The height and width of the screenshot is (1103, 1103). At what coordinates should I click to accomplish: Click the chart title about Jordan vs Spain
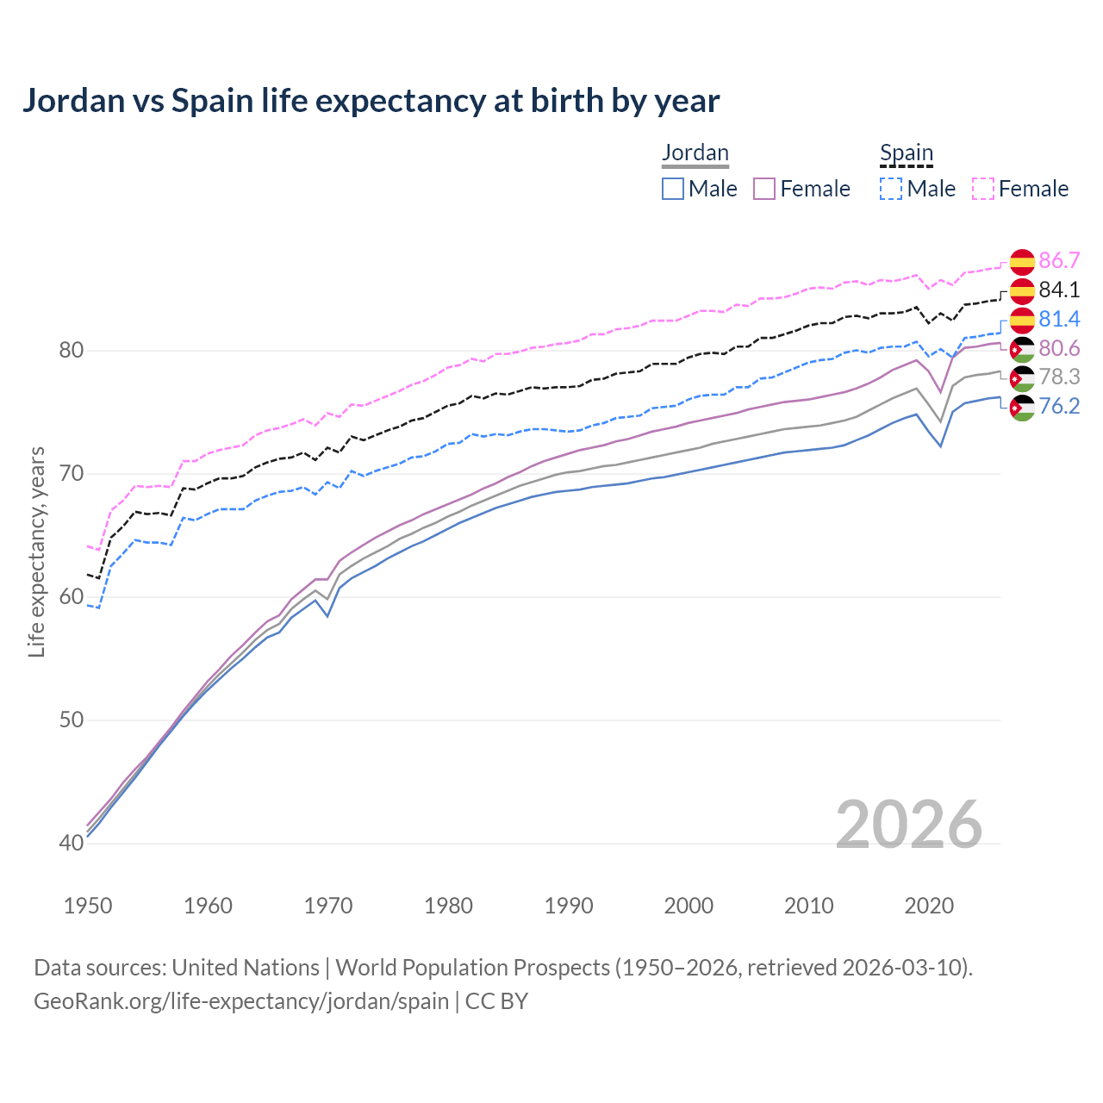pos(371,101)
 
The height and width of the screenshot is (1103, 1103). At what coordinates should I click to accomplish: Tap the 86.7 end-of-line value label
pos(1059,260)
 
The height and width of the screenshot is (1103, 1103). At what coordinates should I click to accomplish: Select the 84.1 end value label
pos(1059,290)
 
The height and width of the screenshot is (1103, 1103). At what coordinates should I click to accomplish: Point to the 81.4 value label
pos(1059,319)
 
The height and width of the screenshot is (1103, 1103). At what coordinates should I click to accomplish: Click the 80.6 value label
pos(1059,348)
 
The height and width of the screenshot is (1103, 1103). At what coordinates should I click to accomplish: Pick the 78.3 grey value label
pos(1059,377)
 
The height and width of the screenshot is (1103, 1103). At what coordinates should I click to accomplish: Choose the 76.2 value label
pos(1059,406)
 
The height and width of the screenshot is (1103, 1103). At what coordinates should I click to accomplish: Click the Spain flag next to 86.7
pos(1022,261)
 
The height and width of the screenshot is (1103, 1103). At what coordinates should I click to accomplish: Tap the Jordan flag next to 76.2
pos(1022,407)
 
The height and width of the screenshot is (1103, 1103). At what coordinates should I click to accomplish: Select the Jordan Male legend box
pos(673,189)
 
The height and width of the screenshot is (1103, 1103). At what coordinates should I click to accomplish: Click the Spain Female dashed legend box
pos(983,189)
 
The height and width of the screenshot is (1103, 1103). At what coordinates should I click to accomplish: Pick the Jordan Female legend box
pos(764,189)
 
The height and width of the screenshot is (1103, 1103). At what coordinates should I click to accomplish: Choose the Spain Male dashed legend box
pos(891,189)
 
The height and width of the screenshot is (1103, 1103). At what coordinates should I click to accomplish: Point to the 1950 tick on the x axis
pos(88,906)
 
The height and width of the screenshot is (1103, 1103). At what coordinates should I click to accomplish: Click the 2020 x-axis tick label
pos(929,906)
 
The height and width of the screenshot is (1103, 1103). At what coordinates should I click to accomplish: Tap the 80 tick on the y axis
pos(71,350)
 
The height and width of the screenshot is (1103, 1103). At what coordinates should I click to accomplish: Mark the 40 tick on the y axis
pos(71,843)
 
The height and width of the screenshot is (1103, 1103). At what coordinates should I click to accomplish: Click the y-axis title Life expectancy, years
pos(36,551)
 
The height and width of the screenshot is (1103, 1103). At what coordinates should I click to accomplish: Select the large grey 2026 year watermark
pos(909,825)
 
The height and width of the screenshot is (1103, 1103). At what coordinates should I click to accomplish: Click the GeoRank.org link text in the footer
pos(241,1001)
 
